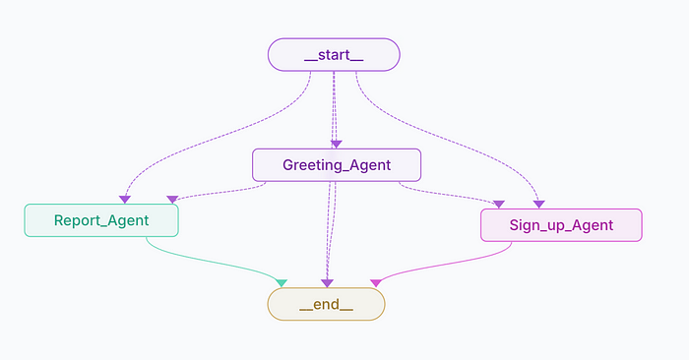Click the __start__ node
pyautogui.click(x=334, y=55)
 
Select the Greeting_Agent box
pyautogui.click(x=337, y=164)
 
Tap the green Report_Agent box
pyautogui.click(x=101, y=220)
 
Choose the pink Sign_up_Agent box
pyautogui.click(x=561, y=225)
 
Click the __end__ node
pyautogui.click(x=326, y=304)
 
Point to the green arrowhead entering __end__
pyautogui.click(x=281, y=283)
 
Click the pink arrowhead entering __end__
pyautogui.click(x=374, y=283)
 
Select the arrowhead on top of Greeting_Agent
pyautogui.click(x=336, y=144)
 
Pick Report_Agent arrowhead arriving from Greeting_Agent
pyautogui.click(x=172, y=200)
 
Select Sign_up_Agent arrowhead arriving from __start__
pyautogui.click(x=539, y=204)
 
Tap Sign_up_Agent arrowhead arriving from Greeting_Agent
pyautogui.click(x=498, y=204)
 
